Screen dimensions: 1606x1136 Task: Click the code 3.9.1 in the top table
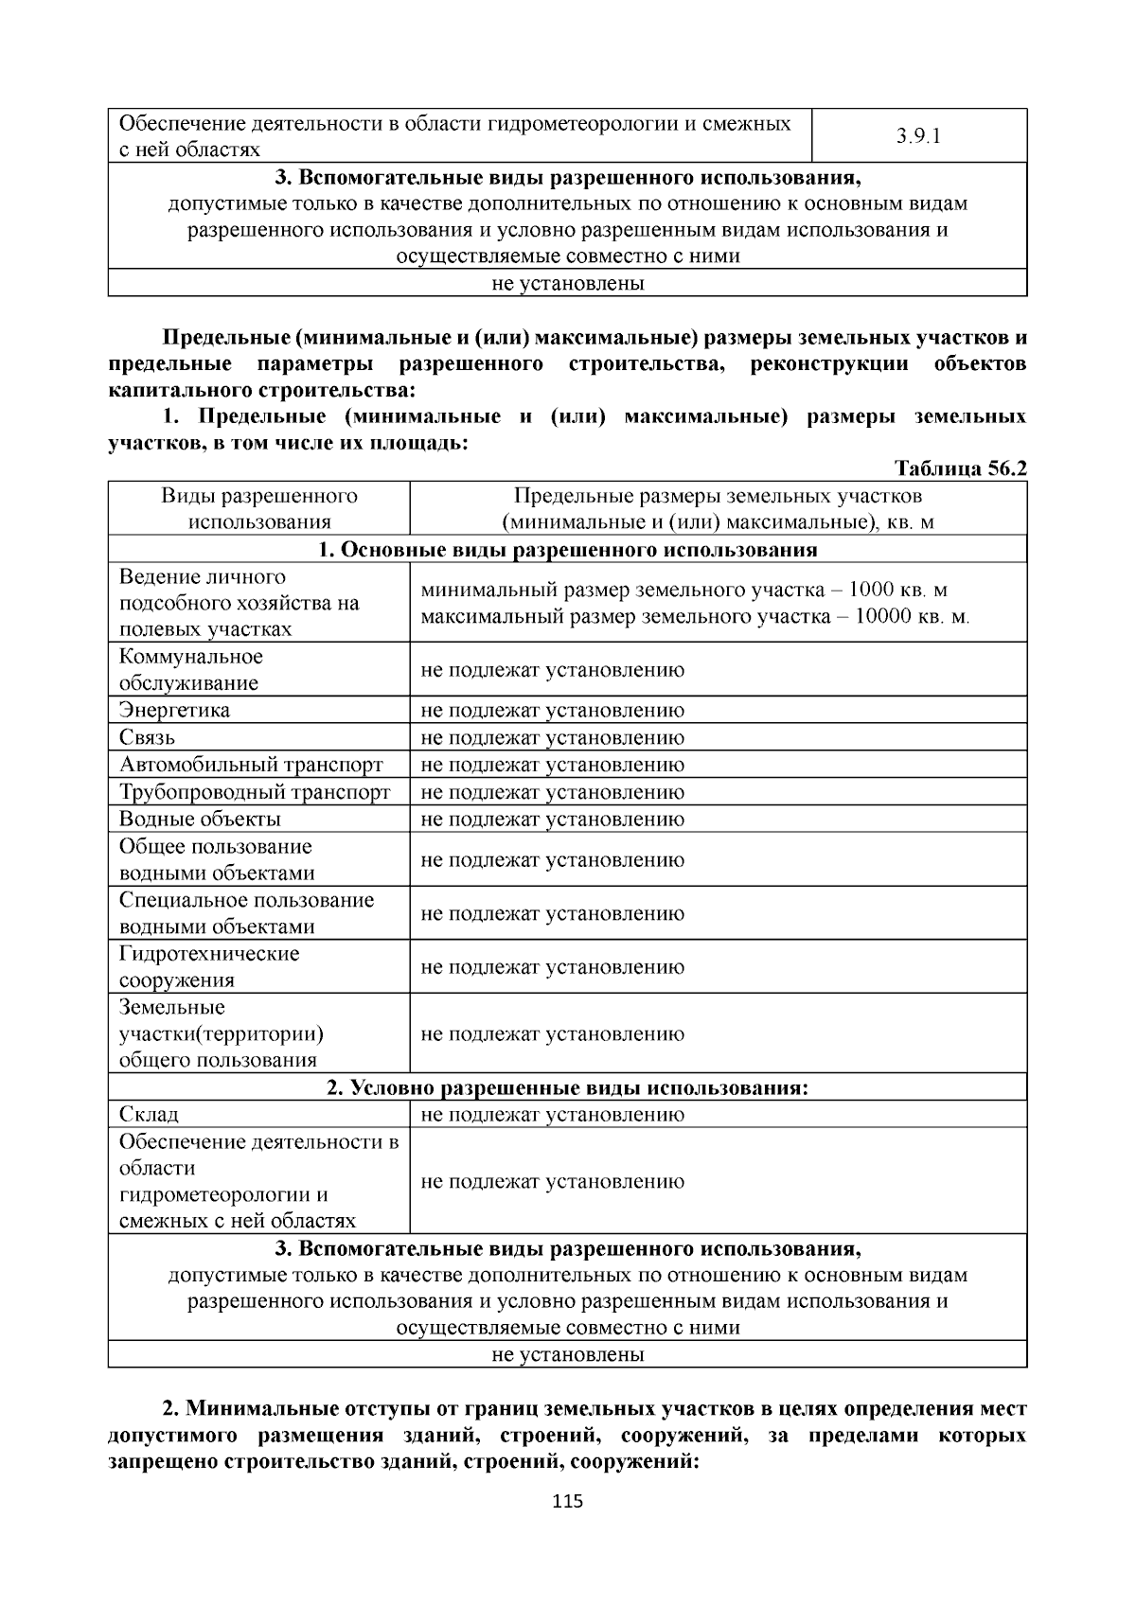(x=918, y=135)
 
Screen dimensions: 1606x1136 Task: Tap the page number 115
(x=567, y=1501)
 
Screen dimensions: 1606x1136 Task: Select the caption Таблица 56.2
(x=960, y=468)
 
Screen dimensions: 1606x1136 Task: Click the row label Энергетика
(x=174, y=710)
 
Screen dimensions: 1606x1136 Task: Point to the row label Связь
(x=147, y=737)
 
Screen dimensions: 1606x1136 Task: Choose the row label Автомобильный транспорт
(x=251, y=765)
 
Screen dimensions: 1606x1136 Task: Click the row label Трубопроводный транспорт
(x=255, y=792)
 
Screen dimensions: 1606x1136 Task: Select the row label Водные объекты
(x=200, y=819)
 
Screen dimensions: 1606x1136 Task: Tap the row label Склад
(x=149, y=1114)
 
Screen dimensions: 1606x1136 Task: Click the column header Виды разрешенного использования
(x=258, y=508)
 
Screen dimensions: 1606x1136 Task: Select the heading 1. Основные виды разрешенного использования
(x=567, y=550)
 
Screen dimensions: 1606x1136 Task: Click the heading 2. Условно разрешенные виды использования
(x=567, y=1087)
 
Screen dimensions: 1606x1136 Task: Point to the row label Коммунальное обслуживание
(x=190, y=669)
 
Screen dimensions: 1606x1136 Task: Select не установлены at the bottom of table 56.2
(x=567, y=1354)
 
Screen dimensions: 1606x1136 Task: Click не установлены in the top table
(x=567, y=283)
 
